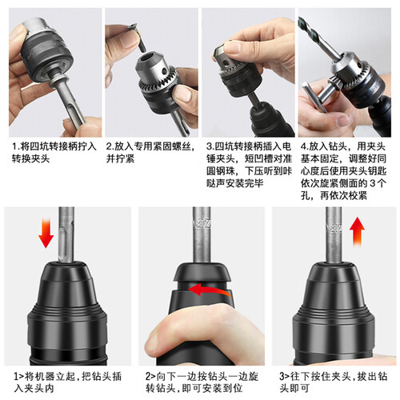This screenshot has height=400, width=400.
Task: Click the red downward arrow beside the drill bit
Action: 46,233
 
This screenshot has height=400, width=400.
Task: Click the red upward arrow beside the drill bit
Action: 357,232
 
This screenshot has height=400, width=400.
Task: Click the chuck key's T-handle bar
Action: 314,97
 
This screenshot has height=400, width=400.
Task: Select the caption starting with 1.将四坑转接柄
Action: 54,153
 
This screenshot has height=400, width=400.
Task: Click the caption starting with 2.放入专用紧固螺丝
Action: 150,153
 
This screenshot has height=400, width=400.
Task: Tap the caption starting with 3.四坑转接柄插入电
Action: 249,165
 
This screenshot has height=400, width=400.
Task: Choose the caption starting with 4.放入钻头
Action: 344,171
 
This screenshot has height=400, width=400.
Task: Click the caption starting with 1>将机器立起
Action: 68,382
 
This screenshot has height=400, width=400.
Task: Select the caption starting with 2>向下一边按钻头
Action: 202,382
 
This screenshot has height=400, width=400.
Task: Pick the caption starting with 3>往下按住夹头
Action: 334,382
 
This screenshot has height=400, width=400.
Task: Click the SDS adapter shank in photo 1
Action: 69,101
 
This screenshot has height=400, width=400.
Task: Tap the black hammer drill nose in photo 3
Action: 270,119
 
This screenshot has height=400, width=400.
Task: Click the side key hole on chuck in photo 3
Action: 226,63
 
